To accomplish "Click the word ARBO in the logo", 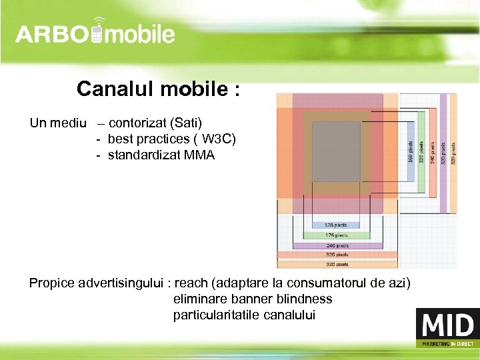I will tap(52, 34).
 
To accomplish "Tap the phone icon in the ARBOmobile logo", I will tap(97, 33).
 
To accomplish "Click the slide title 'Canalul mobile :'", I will tap(158, 89).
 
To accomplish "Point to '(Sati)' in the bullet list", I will tap(186, 123).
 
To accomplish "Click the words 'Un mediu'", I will tap(58, 123).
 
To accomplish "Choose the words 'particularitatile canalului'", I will tap(244, 315).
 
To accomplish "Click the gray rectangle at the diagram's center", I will tap(336, 151).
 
